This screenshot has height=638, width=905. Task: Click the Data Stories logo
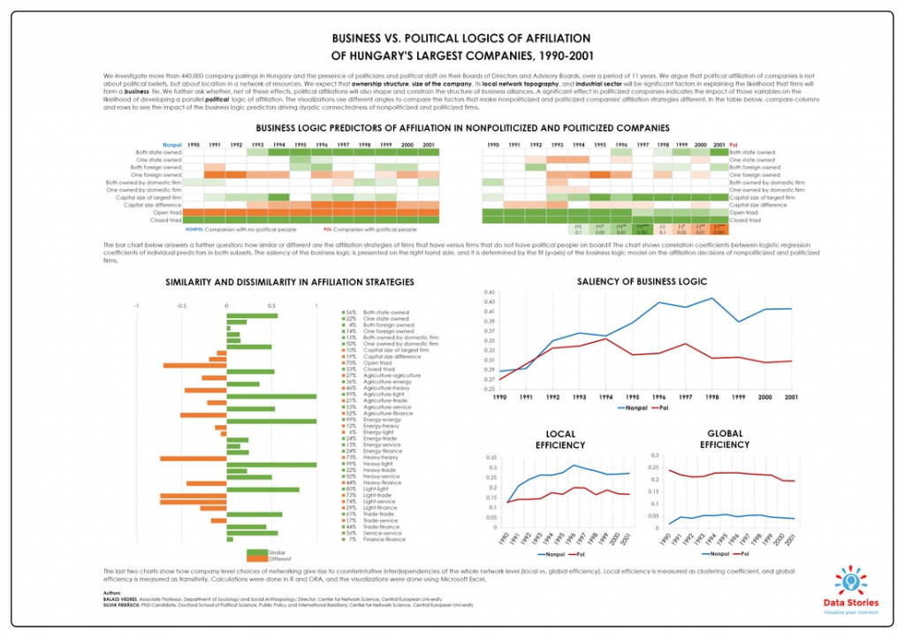tap(850, 589)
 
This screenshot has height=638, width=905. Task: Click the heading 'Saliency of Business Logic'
tap(642, 282)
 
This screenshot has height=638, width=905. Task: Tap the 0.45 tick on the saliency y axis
tap(490, 292)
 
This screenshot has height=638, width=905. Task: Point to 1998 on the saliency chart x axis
tap(737, 397)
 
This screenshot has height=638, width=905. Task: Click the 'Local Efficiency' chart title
tap(560, 439)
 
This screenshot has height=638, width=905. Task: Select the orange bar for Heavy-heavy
tap(193, 458)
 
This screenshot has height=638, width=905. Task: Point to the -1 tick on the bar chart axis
tap(137, 306)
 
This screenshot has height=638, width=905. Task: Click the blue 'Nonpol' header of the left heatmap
tap(172, 144)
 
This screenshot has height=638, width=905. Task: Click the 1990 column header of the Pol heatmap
tap(492, 144)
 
